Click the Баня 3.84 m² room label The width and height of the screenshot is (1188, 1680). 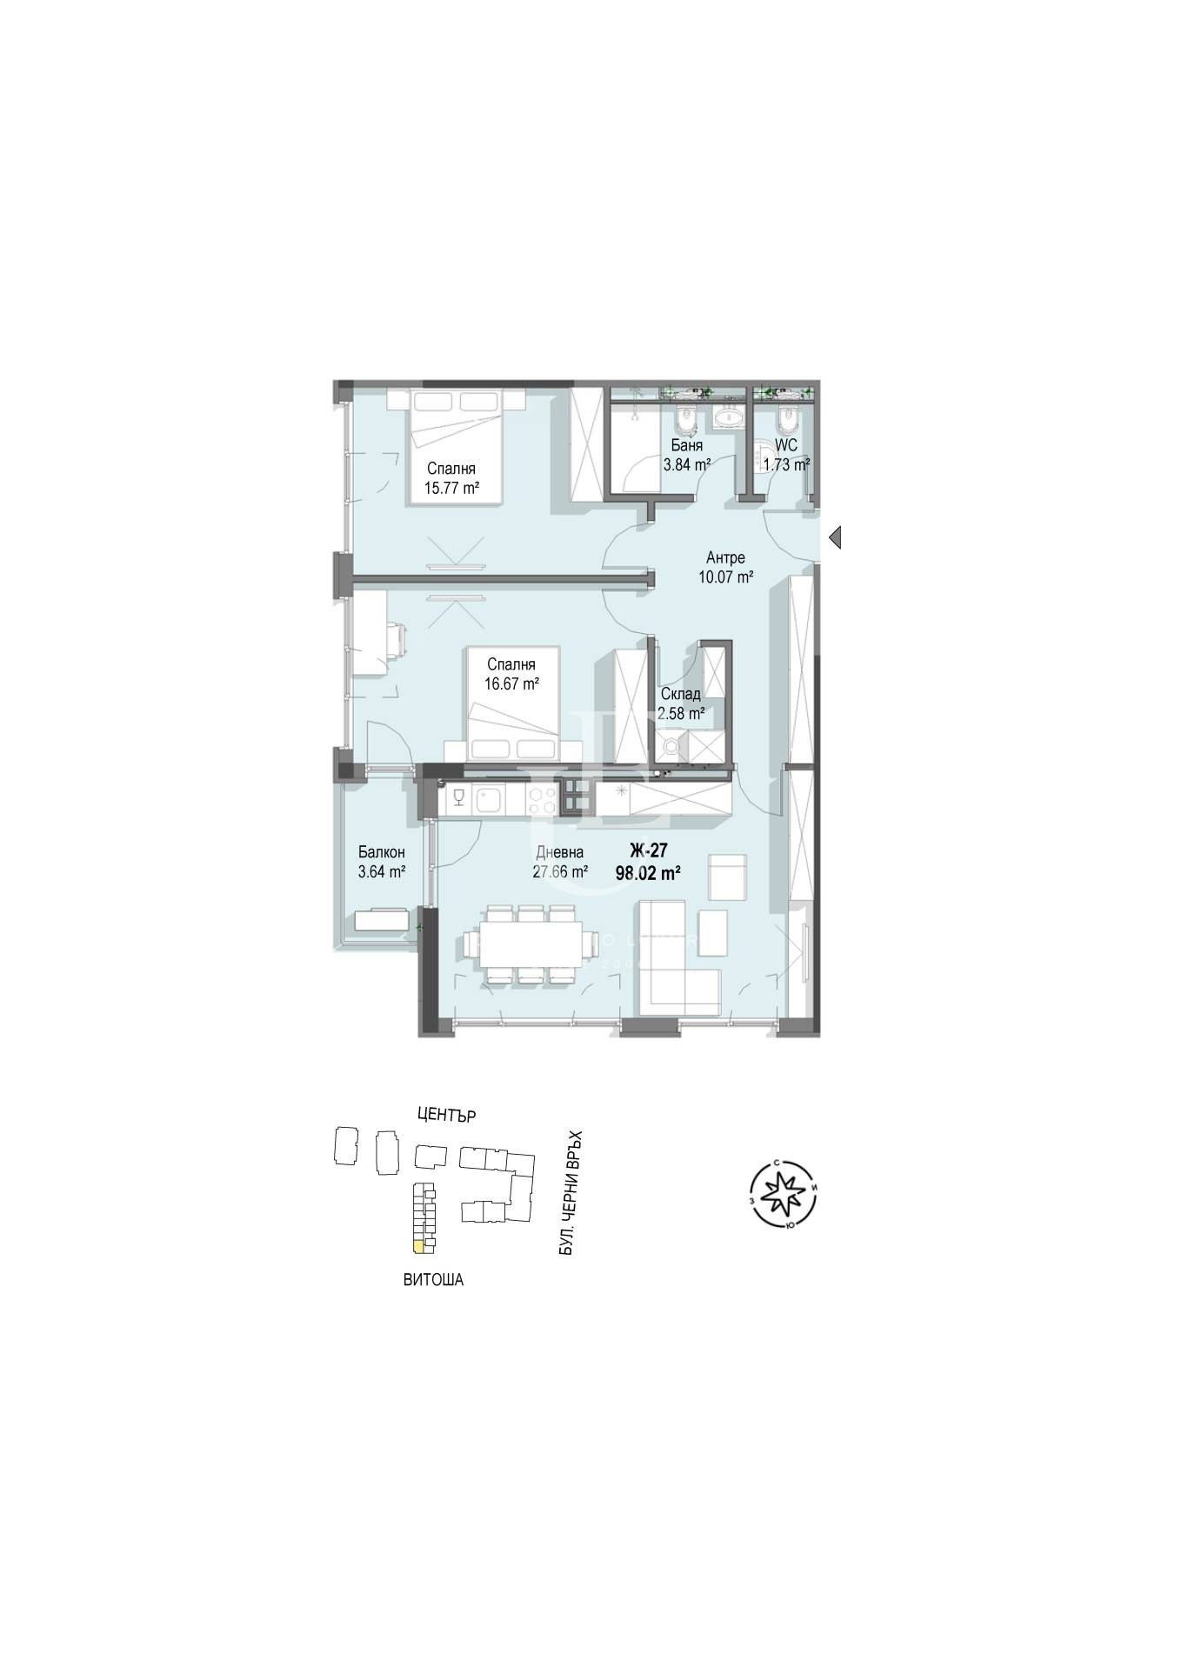point(687,455)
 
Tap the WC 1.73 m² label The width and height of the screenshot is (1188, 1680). point(785,455)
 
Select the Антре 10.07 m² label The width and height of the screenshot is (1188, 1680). point(725,567)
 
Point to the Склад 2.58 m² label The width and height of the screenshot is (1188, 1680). point(681,704)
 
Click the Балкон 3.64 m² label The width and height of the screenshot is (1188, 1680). point(382,862)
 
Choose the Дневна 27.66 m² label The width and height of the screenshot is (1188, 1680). point(560,862)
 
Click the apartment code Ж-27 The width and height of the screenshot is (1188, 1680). point(647,851)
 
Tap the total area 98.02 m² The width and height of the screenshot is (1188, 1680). point(647,873)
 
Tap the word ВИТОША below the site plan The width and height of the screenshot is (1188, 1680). point(433,1280)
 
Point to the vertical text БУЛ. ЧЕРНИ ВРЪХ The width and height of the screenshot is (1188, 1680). point(571,1193)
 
